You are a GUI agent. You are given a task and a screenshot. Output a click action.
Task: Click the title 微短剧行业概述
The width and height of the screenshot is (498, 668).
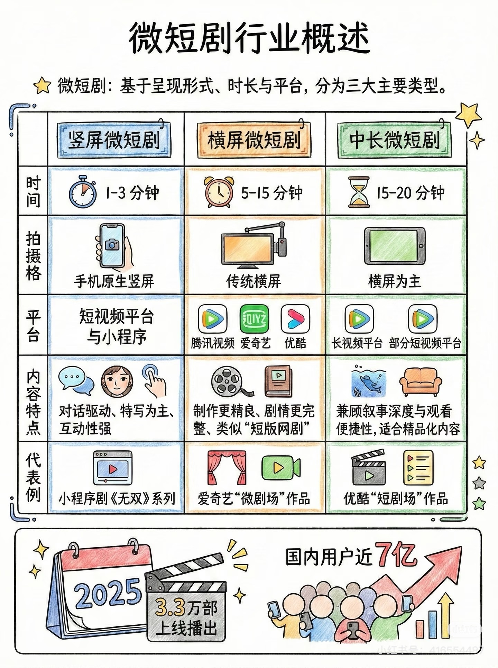coord(249,38)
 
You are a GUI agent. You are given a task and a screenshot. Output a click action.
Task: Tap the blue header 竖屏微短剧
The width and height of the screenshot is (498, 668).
coord(116,140)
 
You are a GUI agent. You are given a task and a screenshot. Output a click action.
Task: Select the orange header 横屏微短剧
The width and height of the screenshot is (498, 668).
coord(254,140)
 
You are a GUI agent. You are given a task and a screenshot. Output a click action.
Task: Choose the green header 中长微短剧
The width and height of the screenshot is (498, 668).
coord(395,140)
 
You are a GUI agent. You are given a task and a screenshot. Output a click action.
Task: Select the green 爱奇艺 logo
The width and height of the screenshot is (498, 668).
coord(254,318)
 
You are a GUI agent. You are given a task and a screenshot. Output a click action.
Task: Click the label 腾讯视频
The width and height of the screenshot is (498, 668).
coord(213,343)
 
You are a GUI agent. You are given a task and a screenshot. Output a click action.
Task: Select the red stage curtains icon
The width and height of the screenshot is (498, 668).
coord(227,468)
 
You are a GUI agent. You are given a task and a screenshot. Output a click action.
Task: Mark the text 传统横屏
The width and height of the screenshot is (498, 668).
coord(253,281)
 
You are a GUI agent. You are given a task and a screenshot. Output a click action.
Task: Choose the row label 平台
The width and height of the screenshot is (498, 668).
coord(33,326)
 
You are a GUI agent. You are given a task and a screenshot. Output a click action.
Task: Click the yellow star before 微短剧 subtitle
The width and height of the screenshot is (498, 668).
coord(43,86)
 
